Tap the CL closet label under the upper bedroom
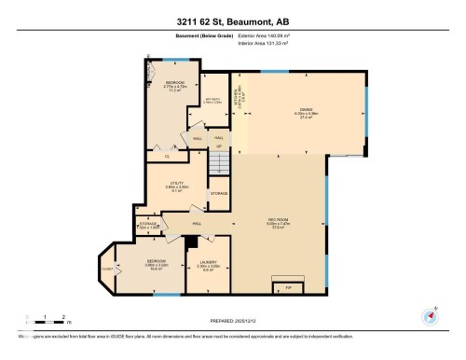click(167, 156)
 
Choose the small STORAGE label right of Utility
click(218, 193)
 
